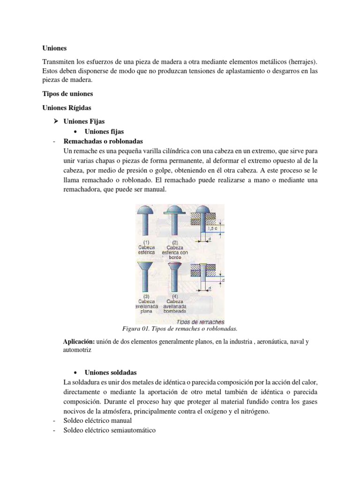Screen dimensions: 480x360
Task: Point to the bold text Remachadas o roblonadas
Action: pos(103,141)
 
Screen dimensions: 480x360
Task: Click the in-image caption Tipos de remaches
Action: pos(200,322)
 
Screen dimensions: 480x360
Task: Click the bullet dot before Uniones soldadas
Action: pos(76,372)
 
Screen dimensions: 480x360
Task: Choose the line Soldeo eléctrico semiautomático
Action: pos(109,430)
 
